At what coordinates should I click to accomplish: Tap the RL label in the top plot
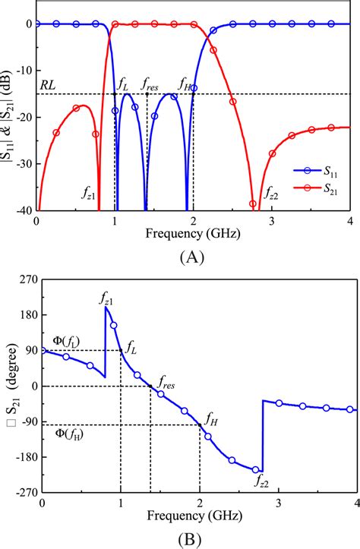(x=48, y=86)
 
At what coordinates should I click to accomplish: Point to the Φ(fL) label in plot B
(x=66, y=341)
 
